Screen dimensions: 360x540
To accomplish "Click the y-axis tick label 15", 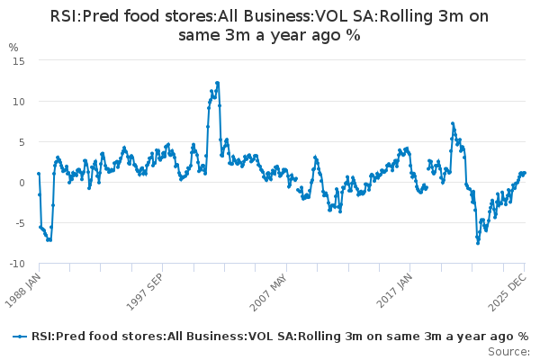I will point(18,60).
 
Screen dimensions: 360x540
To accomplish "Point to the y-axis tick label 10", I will point(18,101).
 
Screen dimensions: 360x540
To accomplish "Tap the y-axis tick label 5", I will point(21,141).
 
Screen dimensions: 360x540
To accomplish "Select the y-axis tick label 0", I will point(21,182).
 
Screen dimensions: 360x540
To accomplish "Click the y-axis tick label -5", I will point(19,222).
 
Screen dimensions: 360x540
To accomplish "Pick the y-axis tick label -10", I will point(16,263).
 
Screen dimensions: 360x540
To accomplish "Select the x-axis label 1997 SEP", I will point(147,289).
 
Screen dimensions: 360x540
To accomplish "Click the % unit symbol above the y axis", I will point(13,47).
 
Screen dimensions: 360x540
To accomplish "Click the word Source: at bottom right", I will point(510,350).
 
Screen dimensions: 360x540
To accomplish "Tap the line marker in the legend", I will point(19,336).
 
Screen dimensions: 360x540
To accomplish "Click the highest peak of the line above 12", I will point(217,83).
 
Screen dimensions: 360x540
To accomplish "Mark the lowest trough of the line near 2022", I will point(478,243).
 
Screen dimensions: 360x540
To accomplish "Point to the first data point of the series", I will point(39,174).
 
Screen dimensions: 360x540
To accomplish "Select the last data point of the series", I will point(525,173).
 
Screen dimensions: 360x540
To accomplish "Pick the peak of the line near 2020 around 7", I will point(453,123).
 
